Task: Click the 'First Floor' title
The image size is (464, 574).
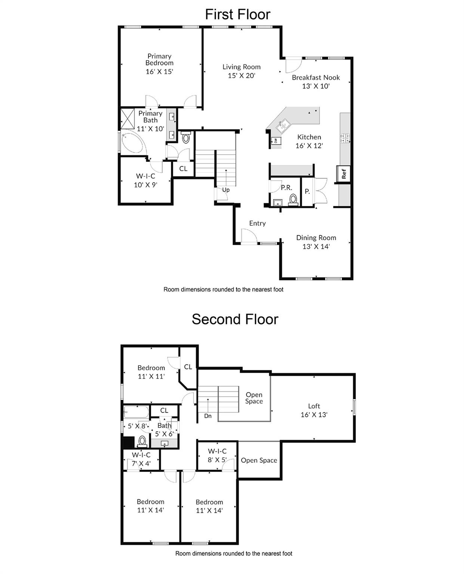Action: tap(237, 15)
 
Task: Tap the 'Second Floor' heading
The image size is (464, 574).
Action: tap(235, 320)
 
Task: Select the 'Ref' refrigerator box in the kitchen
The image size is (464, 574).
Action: tap(344, 174)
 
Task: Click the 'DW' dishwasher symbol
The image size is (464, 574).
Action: tap(276, 141)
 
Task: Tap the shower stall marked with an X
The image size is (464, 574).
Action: tap(127, 119)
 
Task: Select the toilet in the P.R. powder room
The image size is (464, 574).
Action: tap(293, 200)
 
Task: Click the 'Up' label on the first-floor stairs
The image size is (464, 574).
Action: tap(226, 190)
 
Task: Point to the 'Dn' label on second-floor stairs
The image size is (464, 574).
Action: tap(208, 416)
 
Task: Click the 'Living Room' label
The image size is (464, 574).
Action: tap(242, 67)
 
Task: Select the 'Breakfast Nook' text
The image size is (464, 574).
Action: tap(316, 77)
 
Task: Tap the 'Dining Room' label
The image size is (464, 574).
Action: tap(316, 238)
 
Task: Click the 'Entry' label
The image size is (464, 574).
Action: tap(257, 223)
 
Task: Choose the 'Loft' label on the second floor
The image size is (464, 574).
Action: tap(314, 406)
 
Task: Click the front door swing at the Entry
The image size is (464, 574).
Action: tap(249, 237)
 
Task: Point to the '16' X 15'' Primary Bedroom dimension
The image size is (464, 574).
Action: tap(159, 71)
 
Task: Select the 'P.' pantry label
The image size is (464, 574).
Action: tap(307, 191)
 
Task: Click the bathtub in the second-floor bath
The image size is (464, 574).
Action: tap(136, 413)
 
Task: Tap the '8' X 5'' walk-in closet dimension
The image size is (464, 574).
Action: tap(217, 460)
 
